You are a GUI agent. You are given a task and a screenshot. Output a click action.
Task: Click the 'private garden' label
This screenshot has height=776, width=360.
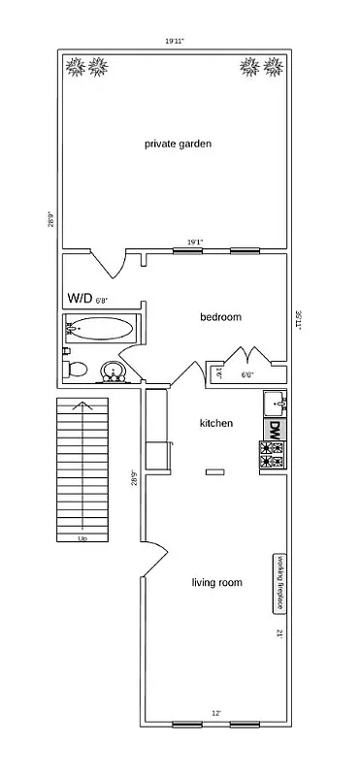[178, 144]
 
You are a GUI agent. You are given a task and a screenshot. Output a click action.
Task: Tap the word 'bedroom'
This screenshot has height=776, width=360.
[220, 317]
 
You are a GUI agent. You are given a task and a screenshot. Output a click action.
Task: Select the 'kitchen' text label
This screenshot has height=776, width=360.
[215, 423]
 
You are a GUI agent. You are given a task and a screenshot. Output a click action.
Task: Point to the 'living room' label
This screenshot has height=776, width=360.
[216, 583]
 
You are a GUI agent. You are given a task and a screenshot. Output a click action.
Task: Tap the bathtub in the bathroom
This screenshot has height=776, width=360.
[101, 328]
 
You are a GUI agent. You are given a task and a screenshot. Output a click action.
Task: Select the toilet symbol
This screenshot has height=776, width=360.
[77, 370]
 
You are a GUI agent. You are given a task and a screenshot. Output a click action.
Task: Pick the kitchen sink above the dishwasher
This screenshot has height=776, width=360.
[275, 402]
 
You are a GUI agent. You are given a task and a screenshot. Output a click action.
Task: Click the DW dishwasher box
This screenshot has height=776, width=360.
[275, 428]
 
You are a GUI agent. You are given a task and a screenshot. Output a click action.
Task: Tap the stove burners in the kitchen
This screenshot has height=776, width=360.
[273, 454]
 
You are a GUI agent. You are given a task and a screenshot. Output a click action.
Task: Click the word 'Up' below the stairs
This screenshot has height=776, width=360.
[82, 539]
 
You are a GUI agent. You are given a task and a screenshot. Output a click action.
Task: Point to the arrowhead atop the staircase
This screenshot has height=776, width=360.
[82, 406]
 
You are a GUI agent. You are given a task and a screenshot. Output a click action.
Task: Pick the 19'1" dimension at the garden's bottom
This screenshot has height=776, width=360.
[195, 242]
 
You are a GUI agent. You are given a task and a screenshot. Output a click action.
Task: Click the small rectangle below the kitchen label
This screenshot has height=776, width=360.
[214, 471]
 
